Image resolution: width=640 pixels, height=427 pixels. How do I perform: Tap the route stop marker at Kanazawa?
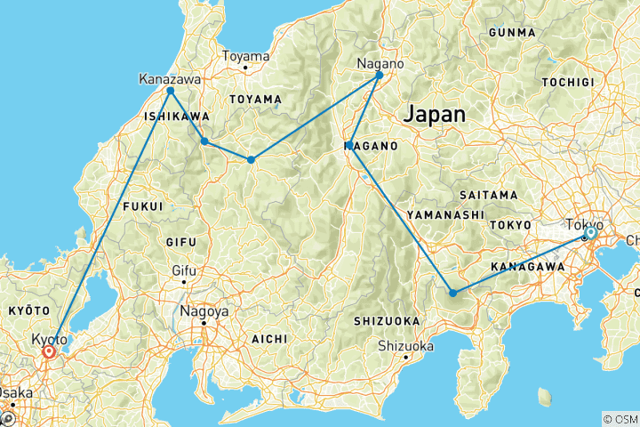170,91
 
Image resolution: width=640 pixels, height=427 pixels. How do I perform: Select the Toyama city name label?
245,56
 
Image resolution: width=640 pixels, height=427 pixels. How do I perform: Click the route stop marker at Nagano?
380,76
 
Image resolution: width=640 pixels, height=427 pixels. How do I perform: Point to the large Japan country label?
435,115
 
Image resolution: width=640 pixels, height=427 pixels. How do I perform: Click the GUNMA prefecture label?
511,33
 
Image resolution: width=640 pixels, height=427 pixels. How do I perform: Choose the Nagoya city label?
204,311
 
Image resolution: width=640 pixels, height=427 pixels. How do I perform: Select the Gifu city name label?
184,270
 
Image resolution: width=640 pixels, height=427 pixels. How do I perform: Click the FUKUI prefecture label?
144,206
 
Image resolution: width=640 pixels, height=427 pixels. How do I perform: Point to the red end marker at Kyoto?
49,352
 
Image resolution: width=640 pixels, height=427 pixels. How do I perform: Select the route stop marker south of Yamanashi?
452,293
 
